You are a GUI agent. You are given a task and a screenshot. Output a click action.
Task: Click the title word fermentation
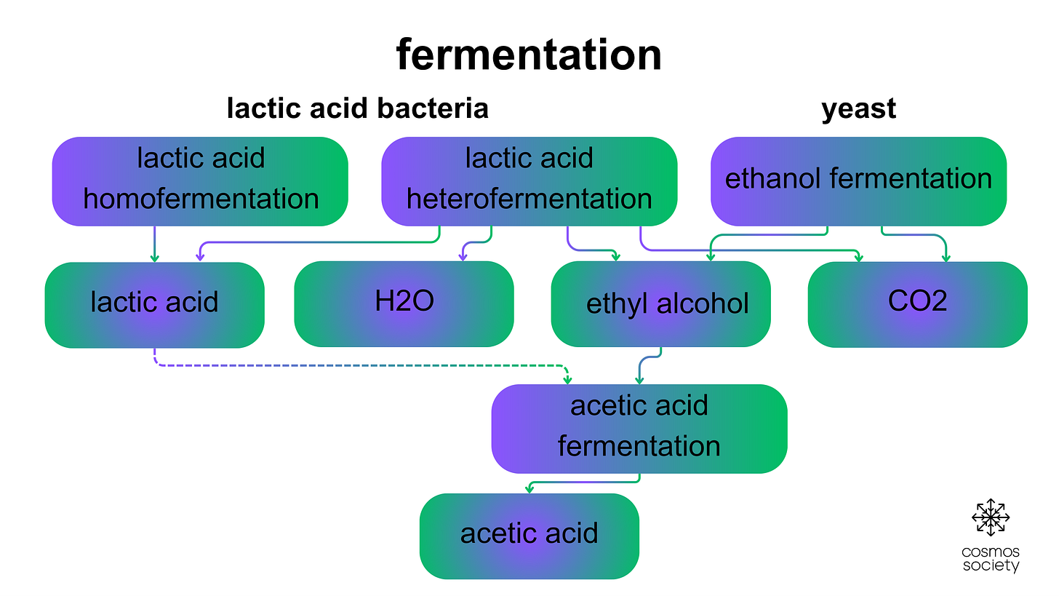coord(529,55)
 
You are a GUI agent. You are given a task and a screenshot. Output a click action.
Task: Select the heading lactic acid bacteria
coord(357,108)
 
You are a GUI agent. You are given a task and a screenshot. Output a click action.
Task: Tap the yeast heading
coord(858,108)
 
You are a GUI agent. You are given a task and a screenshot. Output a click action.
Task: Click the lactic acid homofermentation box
coord(200,180)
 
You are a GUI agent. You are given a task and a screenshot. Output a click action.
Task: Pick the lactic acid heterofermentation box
coord(529,180)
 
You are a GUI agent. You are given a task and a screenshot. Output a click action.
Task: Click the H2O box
coord(404,303)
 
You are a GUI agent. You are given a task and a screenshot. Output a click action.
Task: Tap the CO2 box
coord(917,303)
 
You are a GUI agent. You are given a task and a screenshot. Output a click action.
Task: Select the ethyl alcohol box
coord(660,303)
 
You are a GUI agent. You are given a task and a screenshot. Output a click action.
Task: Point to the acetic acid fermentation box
coord(639,428)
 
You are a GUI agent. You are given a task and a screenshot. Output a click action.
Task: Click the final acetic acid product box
coord(529,536)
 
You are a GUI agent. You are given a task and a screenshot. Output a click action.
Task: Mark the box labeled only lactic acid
coord(154,303)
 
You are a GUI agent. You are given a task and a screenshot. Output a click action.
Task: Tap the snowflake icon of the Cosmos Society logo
coord(991,517)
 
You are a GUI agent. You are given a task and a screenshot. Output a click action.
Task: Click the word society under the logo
coord(991,565)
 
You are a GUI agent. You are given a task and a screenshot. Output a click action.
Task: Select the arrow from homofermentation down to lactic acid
coord(154,244)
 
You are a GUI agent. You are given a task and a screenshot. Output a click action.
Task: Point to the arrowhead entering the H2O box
coord(463,256)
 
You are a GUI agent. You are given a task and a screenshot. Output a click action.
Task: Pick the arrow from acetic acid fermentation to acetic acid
coord(582,482)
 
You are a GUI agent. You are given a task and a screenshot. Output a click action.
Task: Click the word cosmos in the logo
coord(991,552)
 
